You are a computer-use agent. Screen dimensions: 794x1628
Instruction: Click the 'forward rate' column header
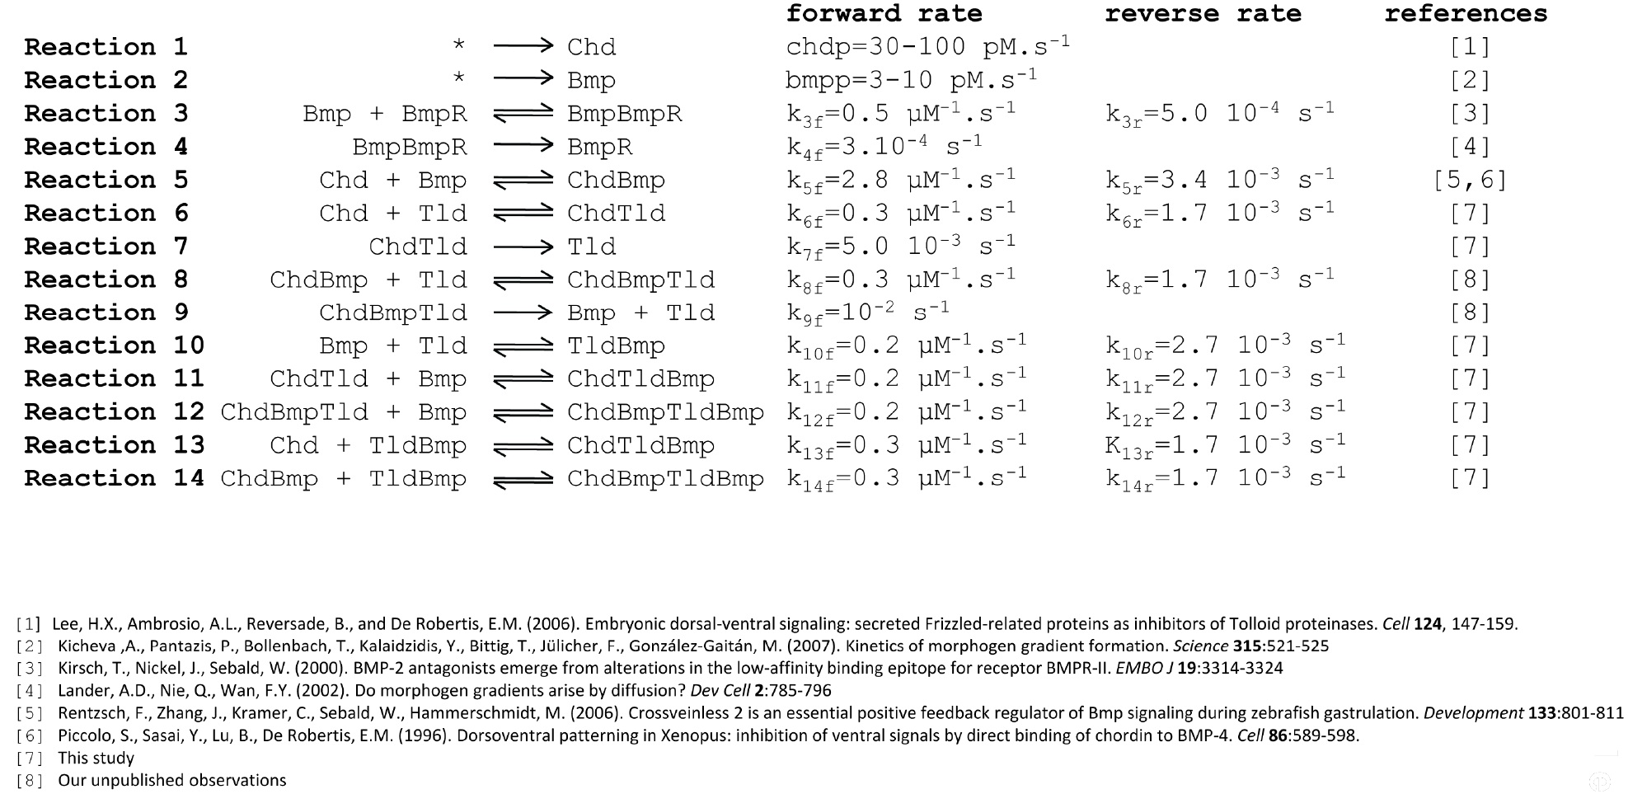point(884,14)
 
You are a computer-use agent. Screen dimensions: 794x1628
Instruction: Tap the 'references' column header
point(1465,14)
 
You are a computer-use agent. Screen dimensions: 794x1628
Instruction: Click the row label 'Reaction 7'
point(106,247)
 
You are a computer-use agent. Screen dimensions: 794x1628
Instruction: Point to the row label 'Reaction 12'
point(114,412)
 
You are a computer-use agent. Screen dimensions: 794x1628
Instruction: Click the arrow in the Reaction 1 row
point(523,47)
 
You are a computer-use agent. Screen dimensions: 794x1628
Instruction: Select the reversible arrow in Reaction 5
point(523,181)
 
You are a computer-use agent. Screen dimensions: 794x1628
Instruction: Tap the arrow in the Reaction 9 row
point(523,313)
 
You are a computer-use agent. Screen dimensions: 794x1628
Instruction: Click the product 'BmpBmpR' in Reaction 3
point(624,114)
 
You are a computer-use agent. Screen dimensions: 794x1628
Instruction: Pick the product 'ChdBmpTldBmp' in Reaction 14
point(665,479)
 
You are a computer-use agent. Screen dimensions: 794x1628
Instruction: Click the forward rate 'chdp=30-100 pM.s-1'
point(927,46)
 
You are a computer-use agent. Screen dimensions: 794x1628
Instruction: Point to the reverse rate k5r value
point(1219,181)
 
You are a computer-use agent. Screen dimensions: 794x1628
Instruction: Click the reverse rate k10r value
point(1225,346)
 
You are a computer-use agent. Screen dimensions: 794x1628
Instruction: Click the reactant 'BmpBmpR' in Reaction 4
point(410,147)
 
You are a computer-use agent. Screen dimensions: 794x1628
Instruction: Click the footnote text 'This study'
point(96,758)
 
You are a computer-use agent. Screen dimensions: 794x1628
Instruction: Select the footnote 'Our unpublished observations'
point(171,780)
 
